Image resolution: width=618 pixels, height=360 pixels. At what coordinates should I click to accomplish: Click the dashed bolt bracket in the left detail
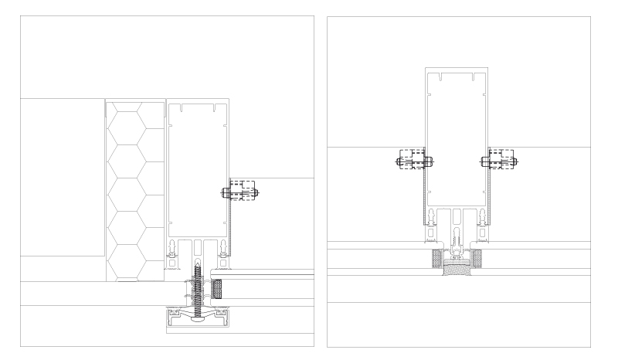click(243, 192)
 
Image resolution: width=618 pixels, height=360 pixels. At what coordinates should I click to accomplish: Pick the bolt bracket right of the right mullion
click(499, 162)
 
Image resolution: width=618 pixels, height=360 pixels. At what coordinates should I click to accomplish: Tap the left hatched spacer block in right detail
click(438, 257)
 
